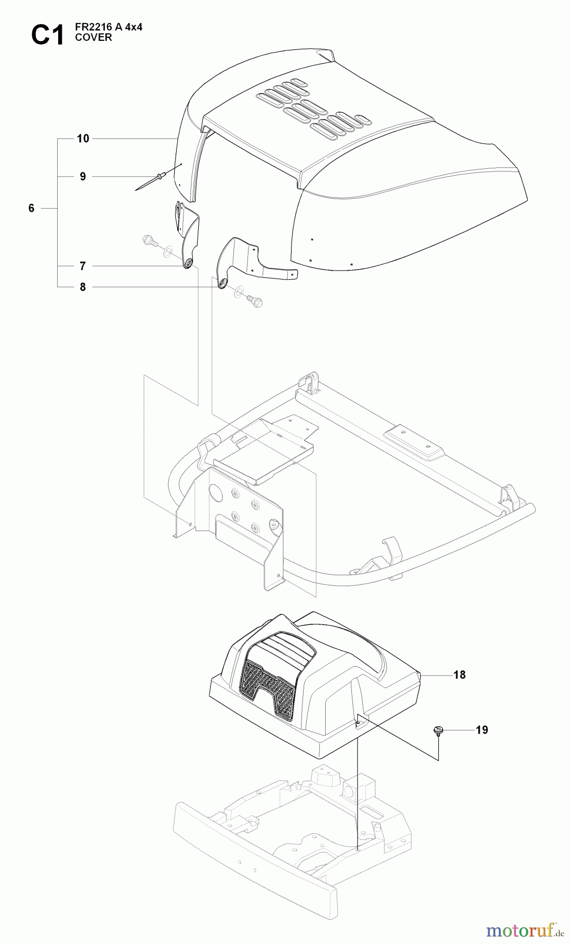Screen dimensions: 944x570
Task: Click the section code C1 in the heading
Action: click(47, 36)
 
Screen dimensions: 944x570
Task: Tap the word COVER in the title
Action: click(94, 38)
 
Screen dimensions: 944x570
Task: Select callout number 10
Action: click(83, 138)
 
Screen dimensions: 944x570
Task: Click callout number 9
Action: click(83, 177)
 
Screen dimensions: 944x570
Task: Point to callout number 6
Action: click(31, 209)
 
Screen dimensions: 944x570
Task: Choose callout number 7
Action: click(83, 266)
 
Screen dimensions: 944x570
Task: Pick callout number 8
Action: click(83, 287)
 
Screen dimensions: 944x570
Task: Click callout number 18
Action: click(459, 675)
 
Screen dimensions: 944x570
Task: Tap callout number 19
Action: click(481, 730)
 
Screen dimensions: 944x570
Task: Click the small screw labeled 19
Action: click(437, 730)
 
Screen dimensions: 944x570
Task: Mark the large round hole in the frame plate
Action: click(215, 492)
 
